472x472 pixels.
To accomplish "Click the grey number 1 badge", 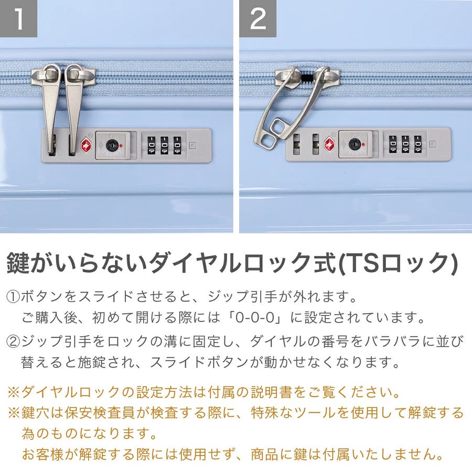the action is click(x=18, y=18).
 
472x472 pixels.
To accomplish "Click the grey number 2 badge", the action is click(x=258, y=18).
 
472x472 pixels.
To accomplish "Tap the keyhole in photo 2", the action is click(x=355, y=145).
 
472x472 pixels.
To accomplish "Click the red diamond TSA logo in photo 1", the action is click(x=86, y=145).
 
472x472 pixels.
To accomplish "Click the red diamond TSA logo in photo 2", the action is click(x=330, y=144).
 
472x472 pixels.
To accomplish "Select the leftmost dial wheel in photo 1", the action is click(x=151, y=146).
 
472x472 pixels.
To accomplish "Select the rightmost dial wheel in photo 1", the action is click(x=177, y=146).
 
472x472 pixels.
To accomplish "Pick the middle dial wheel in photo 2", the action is click(x=405, y=144).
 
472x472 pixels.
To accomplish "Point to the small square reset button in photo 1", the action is click(x=192, y=146).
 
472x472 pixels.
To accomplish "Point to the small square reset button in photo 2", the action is click(x=433, y=144).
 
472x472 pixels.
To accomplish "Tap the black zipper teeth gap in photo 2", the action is click(x=306, y=78).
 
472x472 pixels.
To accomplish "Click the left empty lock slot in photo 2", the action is click(x=296, y=144).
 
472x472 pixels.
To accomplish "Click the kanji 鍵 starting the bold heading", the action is click(x=18, y=263).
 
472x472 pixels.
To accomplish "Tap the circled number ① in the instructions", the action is click(x=13, y=297).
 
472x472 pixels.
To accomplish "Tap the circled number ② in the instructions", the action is click(x=13, y=341).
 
